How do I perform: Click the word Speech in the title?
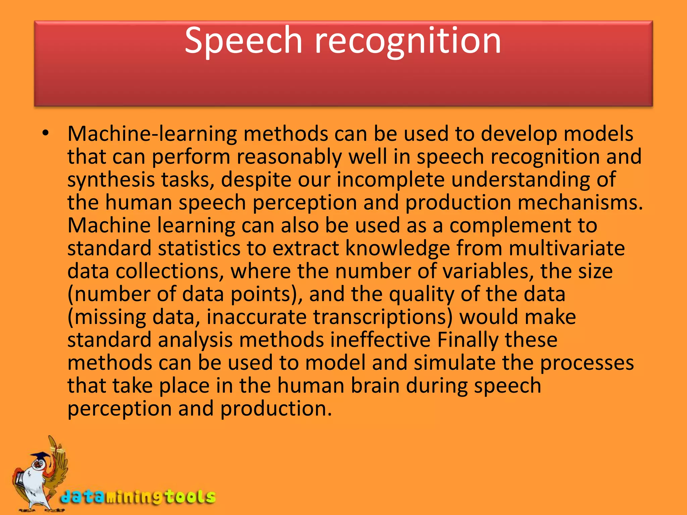pyautogui.click(x=244, y=41)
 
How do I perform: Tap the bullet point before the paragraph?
pyautogui.click(x=46, y=134)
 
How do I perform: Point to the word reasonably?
pyautogui.click(x=289, y=157)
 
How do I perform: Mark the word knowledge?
pyautogui.click(x=398, y=248)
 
